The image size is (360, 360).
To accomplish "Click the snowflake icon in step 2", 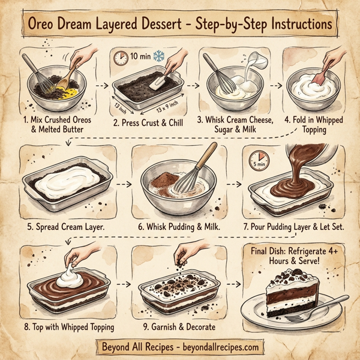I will coord(160,57).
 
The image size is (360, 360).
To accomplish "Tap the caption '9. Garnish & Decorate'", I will coord(179,326).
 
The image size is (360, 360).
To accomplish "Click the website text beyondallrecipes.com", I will coord(219,347).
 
